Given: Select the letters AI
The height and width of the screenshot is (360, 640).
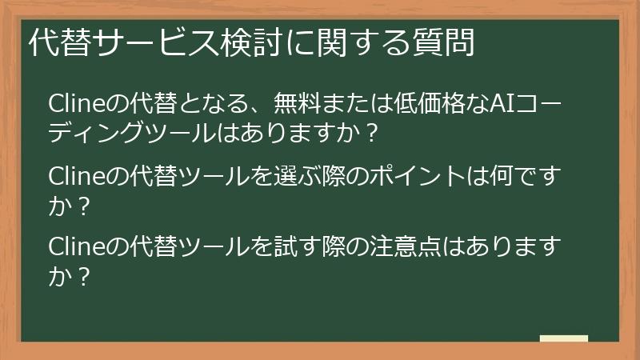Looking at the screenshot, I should [502, 104].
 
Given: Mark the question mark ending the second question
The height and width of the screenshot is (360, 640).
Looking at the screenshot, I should [81, 204].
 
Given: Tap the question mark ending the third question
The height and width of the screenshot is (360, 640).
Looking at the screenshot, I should [81, 274].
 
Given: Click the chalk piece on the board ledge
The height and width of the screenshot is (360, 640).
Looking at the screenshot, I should [564, 339].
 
